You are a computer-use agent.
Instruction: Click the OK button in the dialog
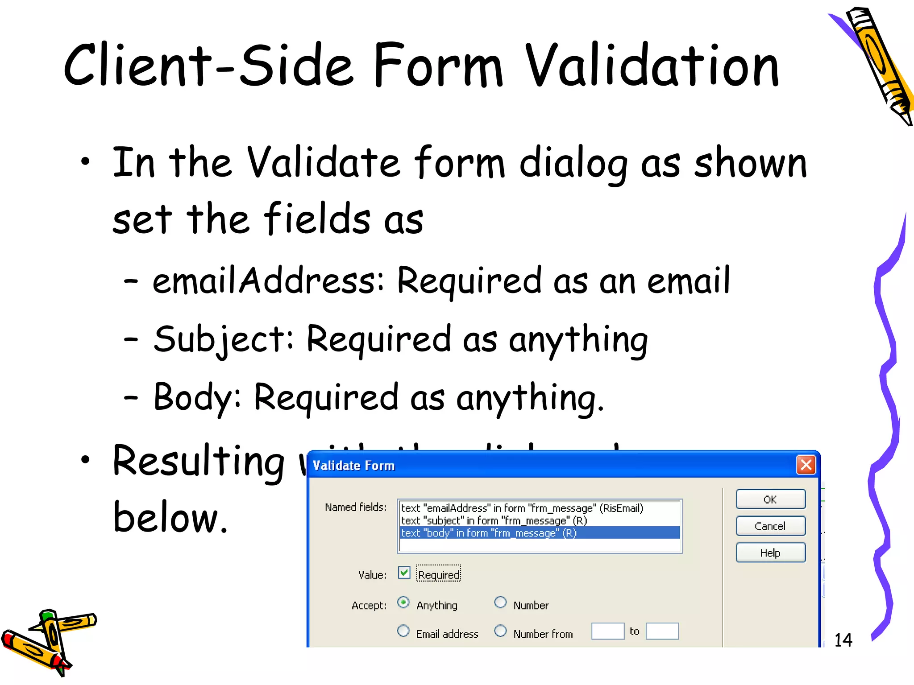pyautogui.click(x=770, y=499)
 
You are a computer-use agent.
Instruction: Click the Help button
pyautogui.click(x=770, y=553)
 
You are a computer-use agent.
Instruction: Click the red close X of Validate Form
pyautogui.click(x=806, y=465)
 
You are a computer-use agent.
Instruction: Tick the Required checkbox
pyautogui.click(x=404, y=573)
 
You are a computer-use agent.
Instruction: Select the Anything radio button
pyautogui.click(x=403, y=603)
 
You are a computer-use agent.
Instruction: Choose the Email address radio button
pyautogui.click(x=403, y=631)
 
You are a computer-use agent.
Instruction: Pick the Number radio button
pyautogui.click(x=501, y=603)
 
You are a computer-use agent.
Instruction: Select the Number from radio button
pyautogui.click(x=501, y=631)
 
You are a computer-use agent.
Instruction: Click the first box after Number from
pyautogui.click(x=607, y=631)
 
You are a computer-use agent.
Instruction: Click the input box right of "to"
pyautogui.click(x=662, y=631)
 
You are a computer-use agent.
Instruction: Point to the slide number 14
pyautogui.click(x=843, y=640)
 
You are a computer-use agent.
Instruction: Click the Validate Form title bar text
pyautogui.click(x=354, y=466)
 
